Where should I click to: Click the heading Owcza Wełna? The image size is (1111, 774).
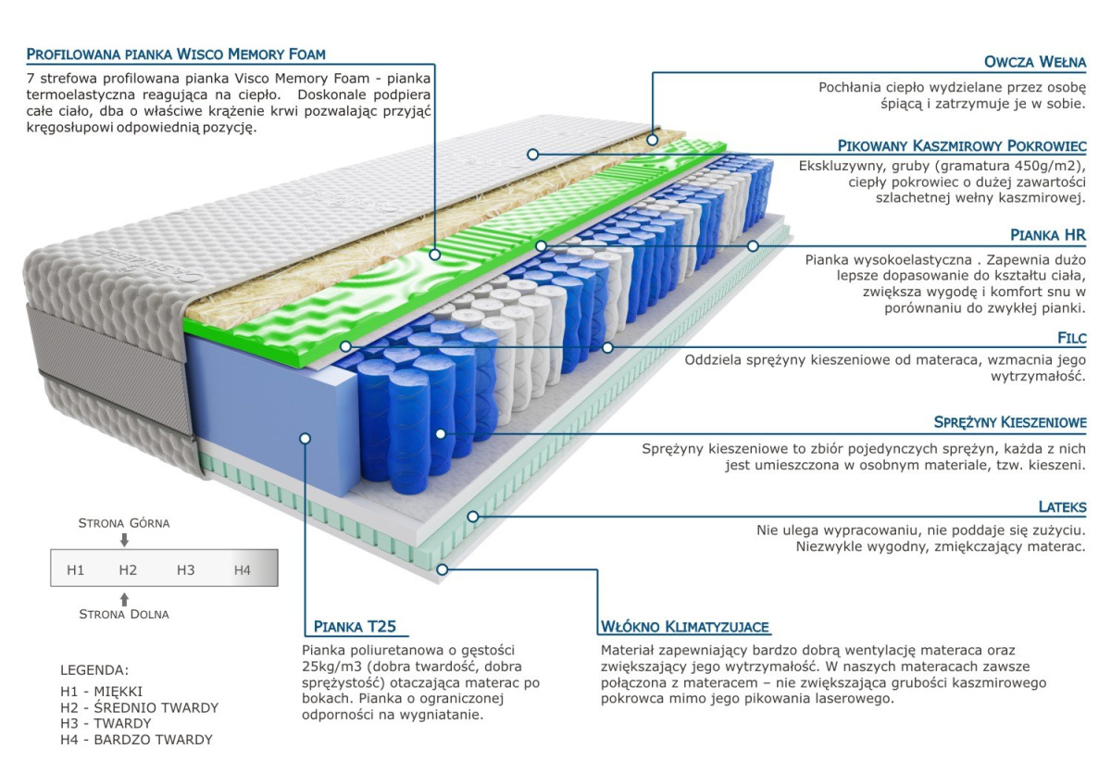point(1035,63)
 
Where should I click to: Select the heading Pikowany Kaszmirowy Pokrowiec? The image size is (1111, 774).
point(961,146)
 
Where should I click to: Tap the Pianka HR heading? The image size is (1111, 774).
point(1048,236)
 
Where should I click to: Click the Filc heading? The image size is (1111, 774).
point(1071,338)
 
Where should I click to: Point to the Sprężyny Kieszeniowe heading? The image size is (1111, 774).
point(1010,423)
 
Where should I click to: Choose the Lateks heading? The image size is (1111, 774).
point(1061,507)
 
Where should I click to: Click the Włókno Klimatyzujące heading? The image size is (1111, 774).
point(685,627)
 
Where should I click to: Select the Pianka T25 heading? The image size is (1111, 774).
point(355,627)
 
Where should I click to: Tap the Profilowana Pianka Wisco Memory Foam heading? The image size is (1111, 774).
point(176,55)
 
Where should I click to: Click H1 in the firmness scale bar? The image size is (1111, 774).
point(76,570)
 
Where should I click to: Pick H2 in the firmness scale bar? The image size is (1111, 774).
point(128,570)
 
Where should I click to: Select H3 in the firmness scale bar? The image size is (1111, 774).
point(186,570)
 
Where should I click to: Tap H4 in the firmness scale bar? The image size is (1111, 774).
point(242,570)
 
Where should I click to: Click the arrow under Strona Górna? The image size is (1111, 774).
point(125,540)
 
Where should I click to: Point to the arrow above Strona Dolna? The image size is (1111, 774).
point(125,598)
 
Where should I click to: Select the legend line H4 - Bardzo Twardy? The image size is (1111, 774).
point(136,740)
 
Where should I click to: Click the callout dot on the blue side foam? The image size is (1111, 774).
point(306,437)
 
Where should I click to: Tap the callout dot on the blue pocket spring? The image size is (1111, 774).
point(439,432)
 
